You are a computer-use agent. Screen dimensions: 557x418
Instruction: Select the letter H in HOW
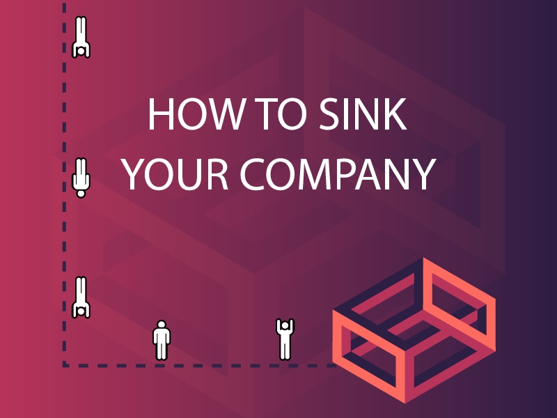(159, 115)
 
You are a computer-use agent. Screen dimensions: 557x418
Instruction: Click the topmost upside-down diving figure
(81, 38)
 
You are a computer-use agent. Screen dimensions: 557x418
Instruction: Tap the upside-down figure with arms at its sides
(81, 178)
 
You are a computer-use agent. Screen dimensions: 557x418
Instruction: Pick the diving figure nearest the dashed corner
(81, 297)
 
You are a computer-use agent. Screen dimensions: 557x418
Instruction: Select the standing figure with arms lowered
(162, 341)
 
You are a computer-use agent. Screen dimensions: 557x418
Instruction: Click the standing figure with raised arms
(284, 339)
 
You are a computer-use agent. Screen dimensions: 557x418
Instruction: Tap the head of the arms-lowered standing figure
(162, 325)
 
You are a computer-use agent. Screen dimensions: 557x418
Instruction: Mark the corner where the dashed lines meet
(65, 364)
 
